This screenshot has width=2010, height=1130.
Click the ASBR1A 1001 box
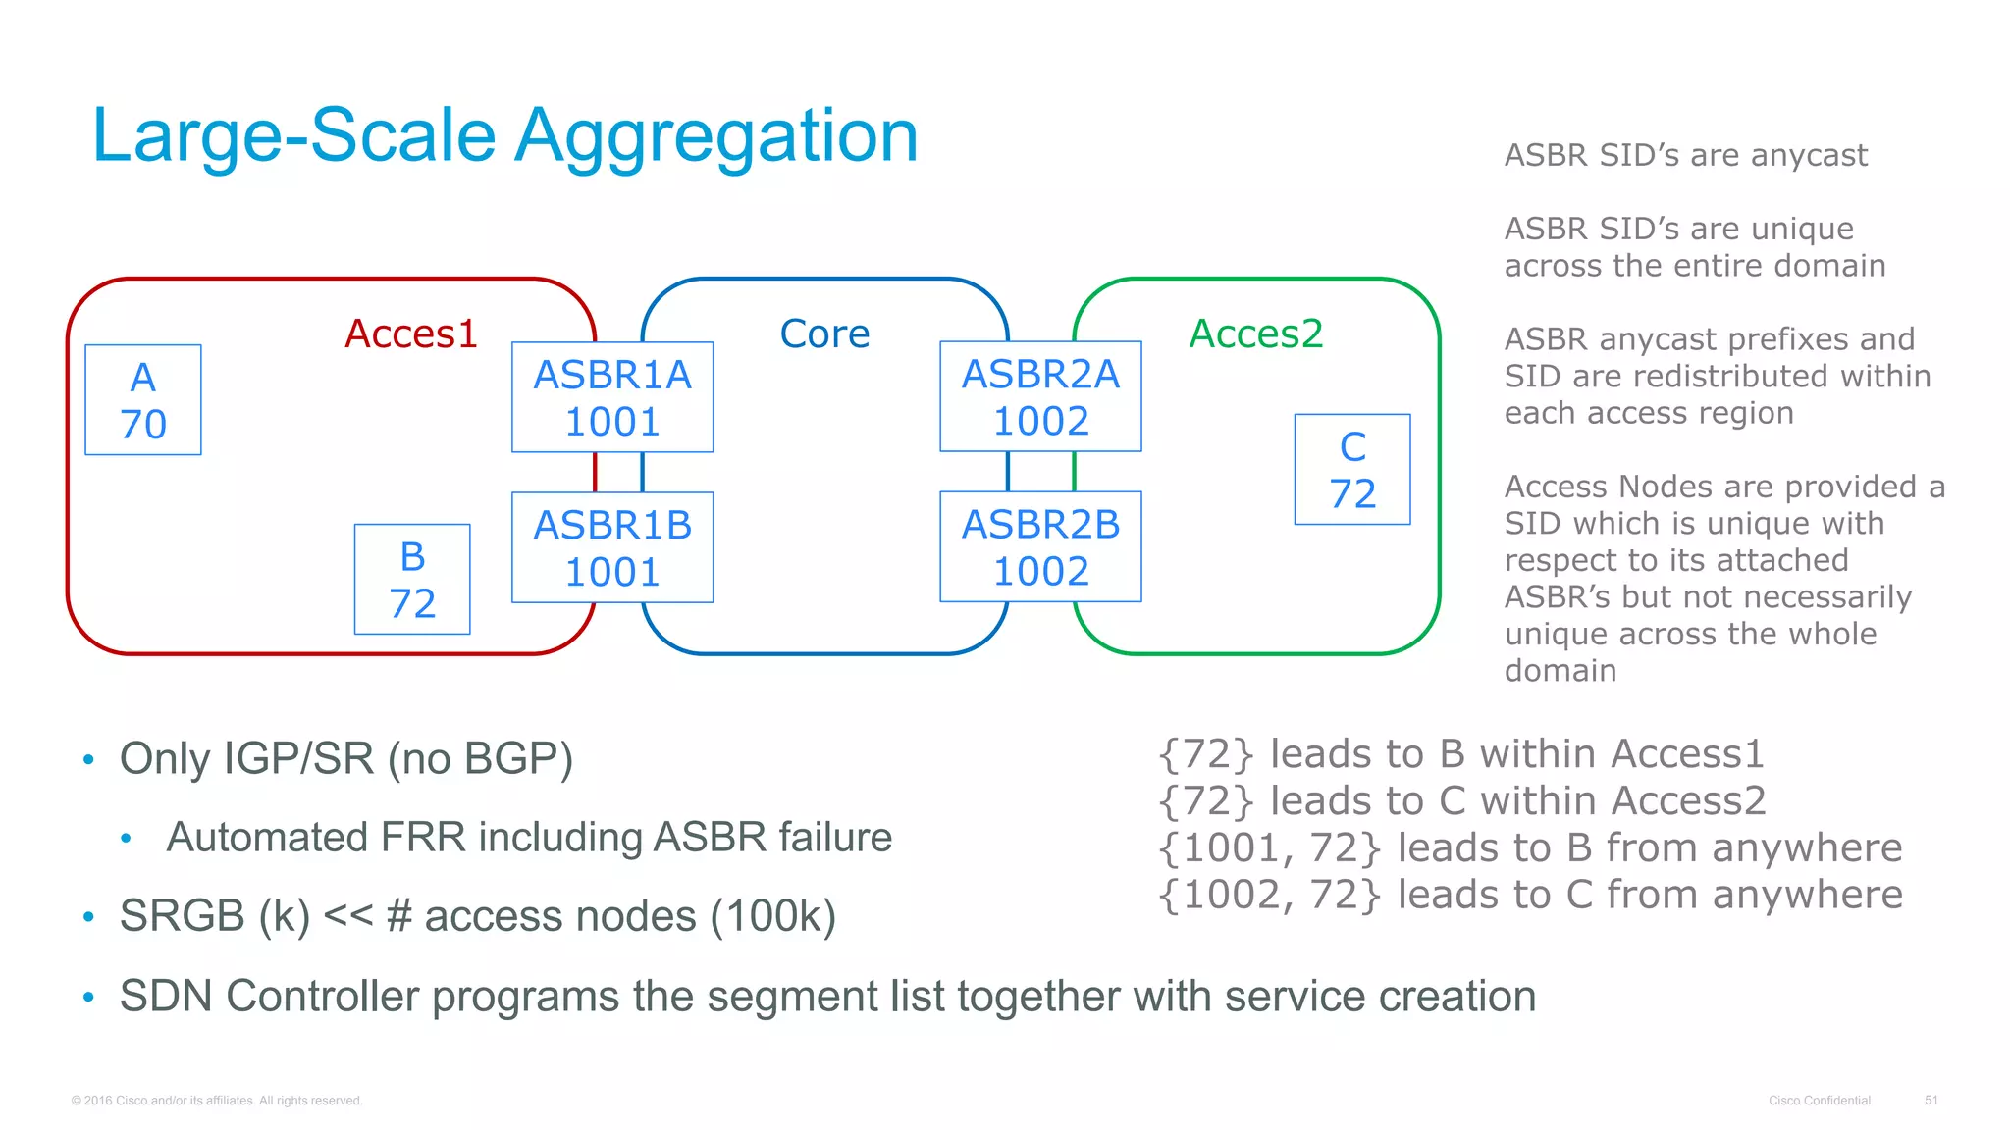click(612, 397)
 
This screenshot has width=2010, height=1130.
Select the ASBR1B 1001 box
click(612, 547)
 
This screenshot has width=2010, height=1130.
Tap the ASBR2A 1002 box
click(1040, 396)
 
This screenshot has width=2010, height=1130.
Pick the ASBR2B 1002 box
click(1040, 546)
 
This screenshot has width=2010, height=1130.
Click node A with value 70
click(143, 400)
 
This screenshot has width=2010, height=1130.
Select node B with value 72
click(412, 579)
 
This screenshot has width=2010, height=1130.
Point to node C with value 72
click(1352, 469)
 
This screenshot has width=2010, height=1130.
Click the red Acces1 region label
click(410, 334)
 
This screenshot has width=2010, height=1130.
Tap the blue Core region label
click(824, 334)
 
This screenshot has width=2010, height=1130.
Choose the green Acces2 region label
click(1256, 334)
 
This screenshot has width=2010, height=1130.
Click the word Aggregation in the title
click(716, 135)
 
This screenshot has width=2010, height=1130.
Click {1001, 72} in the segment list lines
click(1270, 848)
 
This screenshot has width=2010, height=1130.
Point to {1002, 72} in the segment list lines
click(1270, 896)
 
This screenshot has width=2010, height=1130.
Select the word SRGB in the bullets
click(182, 916)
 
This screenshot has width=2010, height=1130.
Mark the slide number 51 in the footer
click(1931, 1100)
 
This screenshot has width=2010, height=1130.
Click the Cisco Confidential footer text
click(1820, 1100)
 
